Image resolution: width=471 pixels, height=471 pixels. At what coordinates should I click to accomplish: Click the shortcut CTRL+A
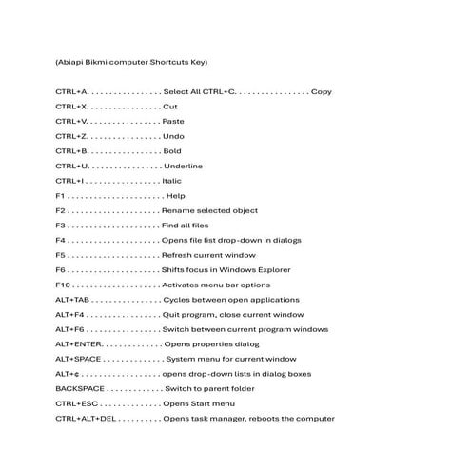pyautogui.click(x=72, y=91)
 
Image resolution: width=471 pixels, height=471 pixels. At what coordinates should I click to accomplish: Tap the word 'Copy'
pyautogui.click(x=321, y=91)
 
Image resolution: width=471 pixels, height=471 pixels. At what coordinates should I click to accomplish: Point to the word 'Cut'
pyautogui.click(x=170, y=107)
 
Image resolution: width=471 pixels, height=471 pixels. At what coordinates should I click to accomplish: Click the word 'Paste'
pyautogui.click(x=173, y=122)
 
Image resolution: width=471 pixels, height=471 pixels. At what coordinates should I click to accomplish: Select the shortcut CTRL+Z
pyautogui.click(x=71, y=136)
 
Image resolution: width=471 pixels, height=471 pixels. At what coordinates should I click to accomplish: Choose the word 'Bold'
pyautogui.click(x=172, y=151)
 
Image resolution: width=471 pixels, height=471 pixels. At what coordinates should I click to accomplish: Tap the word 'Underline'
pyautogui.click(x=183, y=166)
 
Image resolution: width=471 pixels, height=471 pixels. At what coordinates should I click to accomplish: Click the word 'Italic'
pyautogui.click(x=171, y=181)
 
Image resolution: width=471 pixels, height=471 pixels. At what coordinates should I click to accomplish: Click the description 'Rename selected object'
pyautogui.click(x=209, y=210)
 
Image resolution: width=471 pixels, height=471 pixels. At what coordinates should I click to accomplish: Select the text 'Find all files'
pyautogui.click(x=185, y=226)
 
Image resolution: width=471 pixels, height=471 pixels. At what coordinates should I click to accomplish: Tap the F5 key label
pyautogui.click(x=61, y=255)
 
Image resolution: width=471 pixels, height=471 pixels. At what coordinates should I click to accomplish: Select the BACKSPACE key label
pyautogui.click(x=81, y=388)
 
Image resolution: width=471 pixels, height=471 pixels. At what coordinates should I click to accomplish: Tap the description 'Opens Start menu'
pyautogui.click(x=198, y=403)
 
